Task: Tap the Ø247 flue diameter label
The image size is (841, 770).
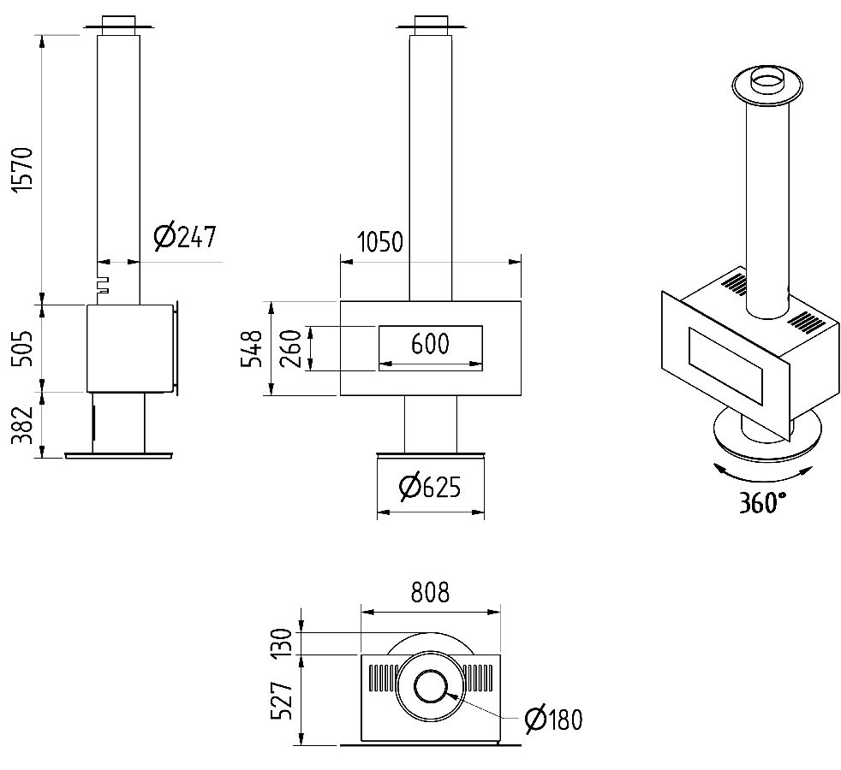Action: (x=185, y=237)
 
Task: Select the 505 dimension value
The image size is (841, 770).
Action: (x=23, y=346)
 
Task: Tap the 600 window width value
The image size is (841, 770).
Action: (x=430, y=344)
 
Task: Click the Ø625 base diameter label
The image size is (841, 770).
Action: (x=430, y=488)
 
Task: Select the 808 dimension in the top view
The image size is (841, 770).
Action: (x=430, y=593)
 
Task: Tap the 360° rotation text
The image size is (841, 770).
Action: (x=763, y=502)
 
